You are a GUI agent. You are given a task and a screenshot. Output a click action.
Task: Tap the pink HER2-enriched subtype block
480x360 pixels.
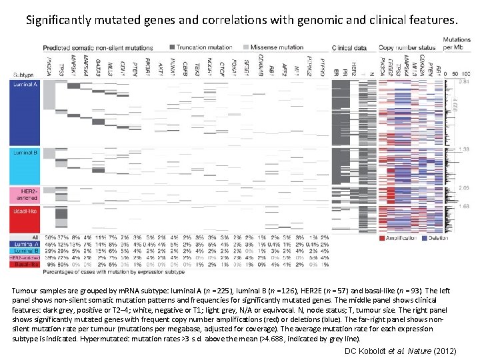click(25, 195)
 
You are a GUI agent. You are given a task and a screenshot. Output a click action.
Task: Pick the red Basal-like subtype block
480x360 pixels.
click(25, 219)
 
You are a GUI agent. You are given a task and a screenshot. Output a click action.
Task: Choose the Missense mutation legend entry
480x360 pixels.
click(273, 47)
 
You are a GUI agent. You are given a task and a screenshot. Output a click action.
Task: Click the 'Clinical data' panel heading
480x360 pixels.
click(351, 48)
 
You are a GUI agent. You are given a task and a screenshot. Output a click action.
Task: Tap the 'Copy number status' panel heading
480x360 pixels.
click(407, 48)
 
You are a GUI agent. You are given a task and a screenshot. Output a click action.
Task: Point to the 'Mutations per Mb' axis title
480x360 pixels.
click(457, 44)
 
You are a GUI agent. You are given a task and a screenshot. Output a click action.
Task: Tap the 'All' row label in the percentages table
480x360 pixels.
click(35, 237)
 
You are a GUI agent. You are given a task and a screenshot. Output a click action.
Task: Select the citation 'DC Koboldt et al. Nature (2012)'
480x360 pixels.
click(400, 350)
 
